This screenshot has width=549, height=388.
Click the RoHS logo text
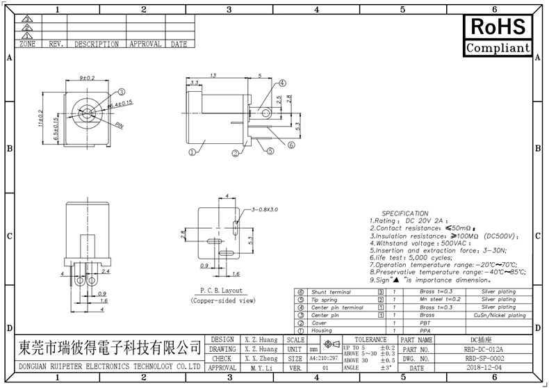pos(498,27)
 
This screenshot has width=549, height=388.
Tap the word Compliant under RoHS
pos(498,48)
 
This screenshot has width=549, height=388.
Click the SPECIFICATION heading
pos(405,213)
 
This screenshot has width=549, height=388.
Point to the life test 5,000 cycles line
pos(413,257)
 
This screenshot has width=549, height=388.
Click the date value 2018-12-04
pos(484,367)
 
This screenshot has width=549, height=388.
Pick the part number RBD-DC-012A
pos(484,349)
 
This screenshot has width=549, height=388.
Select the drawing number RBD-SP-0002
pos(484,358)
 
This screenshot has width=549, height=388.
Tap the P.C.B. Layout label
pos(221,291)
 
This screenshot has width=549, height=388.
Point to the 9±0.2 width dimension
pos(87,78)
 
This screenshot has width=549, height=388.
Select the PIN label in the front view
pos(119,126)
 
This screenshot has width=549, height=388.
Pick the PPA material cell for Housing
pos(426,331)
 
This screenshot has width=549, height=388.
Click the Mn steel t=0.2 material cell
pos(436,299)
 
